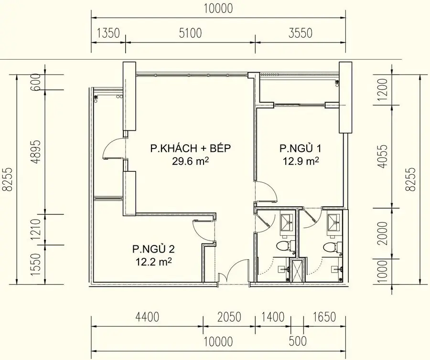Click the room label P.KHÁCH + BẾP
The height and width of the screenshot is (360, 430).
point(191,148)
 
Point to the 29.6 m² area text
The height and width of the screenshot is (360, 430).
point(191,161)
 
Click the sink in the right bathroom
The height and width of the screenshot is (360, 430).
point(333,221)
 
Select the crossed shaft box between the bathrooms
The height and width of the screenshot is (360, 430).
point(297,271)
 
